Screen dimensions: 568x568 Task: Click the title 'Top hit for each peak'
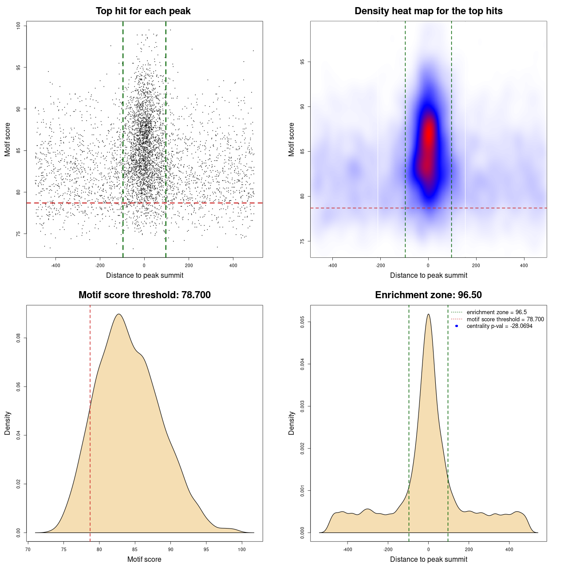143,11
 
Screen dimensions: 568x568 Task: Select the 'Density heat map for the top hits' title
428,11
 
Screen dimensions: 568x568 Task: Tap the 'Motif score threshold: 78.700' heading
144,295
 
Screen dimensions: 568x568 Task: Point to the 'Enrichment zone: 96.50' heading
428,295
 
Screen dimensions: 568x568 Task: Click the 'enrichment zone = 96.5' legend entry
497,312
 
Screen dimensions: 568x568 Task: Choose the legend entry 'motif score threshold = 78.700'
505,319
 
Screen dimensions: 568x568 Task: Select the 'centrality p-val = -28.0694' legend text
499,326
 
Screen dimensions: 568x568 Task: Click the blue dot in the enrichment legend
457,326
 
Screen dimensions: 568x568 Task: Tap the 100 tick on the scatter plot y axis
19,26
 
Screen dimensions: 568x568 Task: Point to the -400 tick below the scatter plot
55,266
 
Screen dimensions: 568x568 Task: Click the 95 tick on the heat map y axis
303,62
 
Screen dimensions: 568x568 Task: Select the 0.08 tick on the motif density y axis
19,338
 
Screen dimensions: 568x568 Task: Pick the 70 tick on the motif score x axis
28,549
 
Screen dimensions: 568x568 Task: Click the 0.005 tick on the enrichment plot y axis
303,322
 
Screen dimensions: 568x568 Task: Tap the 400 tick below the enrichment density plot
509,549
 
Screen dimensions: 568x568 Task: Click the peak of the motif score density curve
118,315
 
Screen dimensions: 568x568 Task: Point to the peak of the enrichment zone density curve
428,315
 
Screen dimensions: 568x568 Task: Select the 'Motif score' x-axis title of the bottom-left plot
144,559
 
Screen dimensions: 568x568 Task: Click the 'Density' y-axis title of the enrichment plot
292,423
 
